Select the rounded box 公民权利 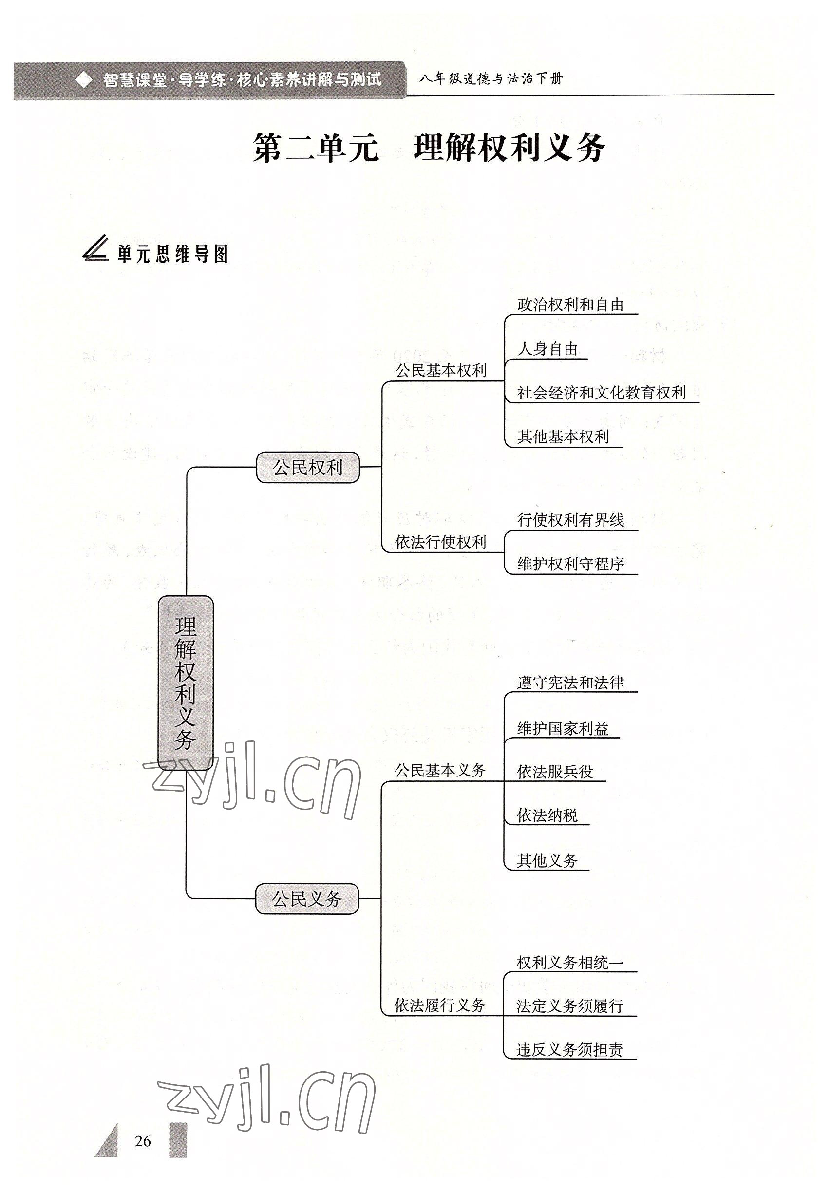pyautogui.click(x=307, y=468)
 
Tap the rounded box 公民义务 pyautogui.click(x=307, y=898)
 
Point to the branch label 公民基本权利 pyautogui.click(x=440, y=371)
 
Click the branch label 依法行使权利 pyautogui.click(x=440, y=542)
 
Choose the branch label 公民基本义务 pyautogui.click(x=440, y=770)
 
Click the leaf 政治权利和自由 pyautogui.click(x=570, y=305)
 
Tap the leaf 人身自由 pyautogui.click(x=547, y=349)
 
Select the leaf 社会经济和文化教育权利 pyautogui.click(x=602, y=393)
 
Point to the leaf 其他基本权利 pyautogui.click(x=563, y=437)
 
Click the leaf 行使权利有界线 pyautogui.click(x=570, y=520)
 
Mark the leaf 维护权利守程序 pyautogui.click(x=570, y=564)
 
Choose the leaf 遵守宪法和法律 pyautogui.click(x=570, y=683)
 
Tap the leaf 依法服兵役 pyautogui.click(x=555, y=772)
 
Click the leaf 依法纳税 pyautogui.click(x=547, y=815)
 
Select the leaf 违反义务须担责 pyautogui.click(x=570, y=1050)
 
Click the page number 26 pyautogui.click(x=143, y=1141)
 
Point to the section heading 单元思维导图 pyautogui.click(x=172, y=254)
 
